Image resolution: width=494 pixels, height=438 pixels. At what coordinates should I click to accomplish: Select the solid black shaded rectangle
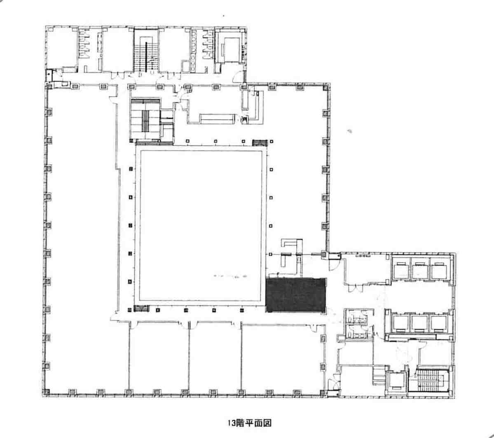click(x=295, y=295)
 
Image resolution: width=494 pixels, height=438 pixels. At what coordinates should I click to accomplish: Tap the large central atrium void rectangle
click(x=201, y=226)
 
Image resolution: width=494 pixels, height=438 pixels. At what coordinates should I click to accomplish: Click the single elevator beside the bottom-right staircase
click(x=397, y=382)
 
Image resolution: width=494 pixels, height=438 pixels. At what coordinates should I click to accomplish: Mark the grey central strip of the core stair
click(x=145, y=121)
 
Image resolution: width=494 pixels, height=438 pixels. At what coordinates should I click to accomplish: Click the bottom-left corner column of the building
click(x=46, y=392)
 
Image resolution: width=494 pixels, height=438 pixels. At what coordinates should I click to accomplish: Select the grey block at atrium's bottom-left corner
click(x=141, y=308)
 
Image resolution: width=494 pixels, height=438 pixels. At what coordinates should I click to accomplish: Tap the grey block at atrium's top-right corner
click(x=260, y=143)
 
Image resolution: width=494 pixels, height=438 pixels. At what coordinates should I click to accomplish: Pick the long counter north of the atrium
click(x=218, y=118)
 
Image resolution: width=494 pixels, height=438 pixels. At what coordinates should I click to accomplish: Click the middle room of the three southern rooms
click(x=215, y=358)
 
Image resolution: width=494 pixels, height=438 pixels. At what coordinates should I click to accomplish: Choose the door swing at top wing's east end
click(x=240, y=76)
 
